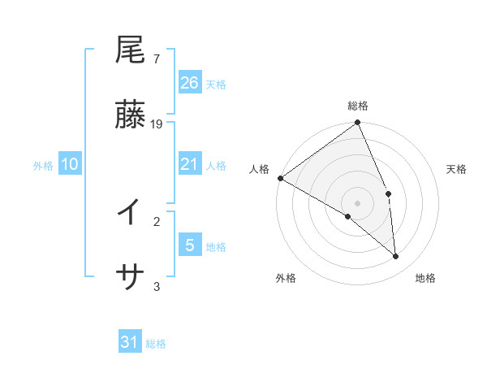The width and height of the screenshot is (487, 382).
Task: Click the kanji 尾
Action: point(130,50)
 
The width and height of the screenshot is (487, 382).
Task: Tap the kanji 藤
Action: point(130,115)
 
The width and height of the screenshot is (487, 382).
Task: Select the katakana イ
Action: point(130,213)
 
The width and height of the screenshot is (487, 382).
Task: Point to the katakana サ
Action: point(130,278)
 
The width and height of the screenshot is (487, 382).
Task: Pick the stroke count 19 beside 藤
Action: point(157,124)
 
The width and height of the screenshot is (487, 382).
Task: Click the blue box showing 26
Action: point(190,82)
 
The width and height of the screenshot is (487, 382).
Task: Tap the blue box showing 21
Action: point(190,164)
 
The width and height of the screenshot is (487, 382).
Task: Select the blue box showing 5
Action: point(190,245)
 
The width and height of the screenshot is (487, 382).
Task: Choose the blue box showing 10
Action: point(70,164)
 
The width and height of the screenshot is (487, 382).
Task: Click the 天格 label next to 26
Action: point(216,84)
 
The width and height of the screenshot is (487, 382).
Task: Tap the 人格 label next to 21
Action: point(216,166)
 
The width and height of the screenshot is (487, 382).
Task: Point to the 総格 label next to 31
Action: point(156,344)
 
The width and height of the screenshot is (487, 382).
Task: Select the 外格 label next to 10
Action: point(43,166)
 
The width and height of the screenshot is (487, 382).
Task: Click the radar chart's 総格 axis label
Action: point(358,106)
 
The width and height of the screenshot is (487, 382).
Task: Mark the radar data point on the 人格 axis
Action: point(280,178)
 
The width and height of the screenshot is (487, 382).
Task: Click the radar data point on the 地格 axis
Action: point(396,257)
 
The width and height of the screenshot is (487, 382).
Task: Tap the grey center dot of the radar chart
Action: point(358,202)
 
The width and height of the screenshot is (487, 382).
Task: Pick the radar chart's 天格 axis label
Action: point(457,169)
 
